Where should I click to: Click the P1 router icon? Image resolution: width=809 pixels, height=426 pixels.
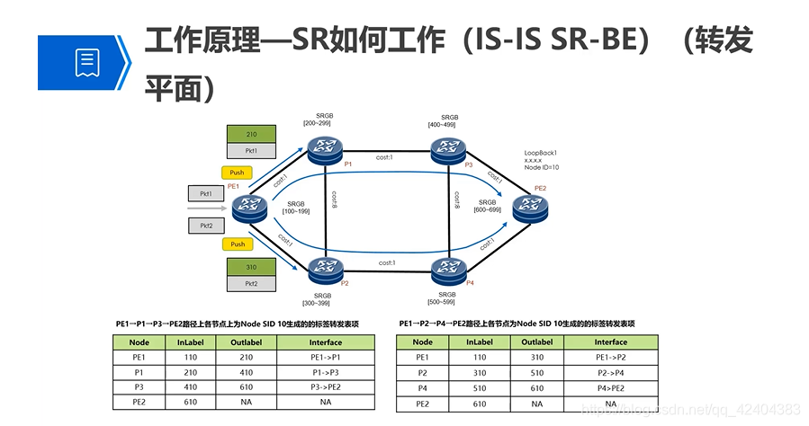tap(325, 151)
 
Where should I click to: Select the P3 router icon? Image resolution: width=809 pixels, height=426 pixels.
tap(448, 150)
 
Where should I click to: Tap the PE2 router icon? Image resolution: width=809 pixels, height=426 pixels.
tap(530, 209)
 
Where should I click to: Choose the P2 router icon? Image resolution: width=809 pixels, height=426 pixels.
tap(325, 268)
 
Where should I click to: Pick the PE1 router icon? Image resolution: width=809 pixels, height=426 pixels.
tap(249, 209)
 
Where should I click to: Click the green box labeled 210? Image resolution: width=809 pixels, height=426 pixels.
tap(251, 135)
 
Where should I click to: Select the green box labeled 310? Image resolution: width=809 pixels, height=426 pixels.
tap(251, 267)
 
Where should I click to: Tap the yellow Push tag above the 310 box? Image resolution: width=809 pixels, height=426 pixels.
tap(238, 244)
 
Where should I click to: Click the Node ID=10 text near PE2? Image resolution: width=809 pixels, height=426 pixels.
tap(542, 167)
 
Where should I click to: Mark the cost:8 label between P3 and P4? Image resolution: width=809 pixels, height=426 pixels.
tap(458, 200)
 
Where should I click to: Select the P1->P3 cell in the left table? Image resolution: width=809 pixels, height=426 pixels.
tap(325, 372)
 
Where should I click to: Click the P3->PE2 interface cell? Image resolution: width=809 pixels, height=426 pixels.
tap(325, 387)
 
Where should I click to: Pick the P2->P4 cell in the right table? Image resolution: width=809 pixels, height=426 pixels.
tap(609, 372)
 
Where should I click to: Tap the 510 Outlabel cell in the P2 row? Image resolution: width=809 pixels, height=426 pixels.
tap(537, 372)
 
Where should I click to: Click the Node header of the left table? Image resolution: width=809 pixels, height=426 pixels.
tap(139, 342)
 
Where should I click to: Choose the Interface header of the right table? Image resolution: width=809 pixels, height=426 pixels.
tap(609, 342)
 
